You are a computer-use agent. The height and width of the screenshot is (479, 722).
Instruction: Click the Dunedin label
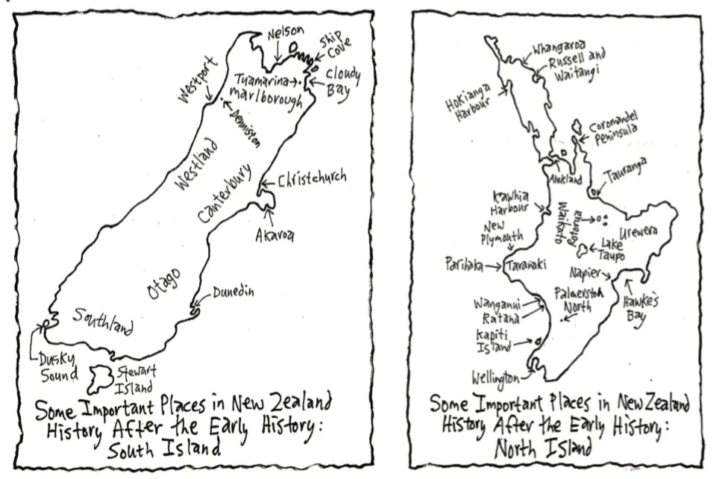[232, 292]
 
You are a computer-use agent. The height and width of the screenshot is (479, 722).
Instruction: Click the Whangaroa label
[559, 49]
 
